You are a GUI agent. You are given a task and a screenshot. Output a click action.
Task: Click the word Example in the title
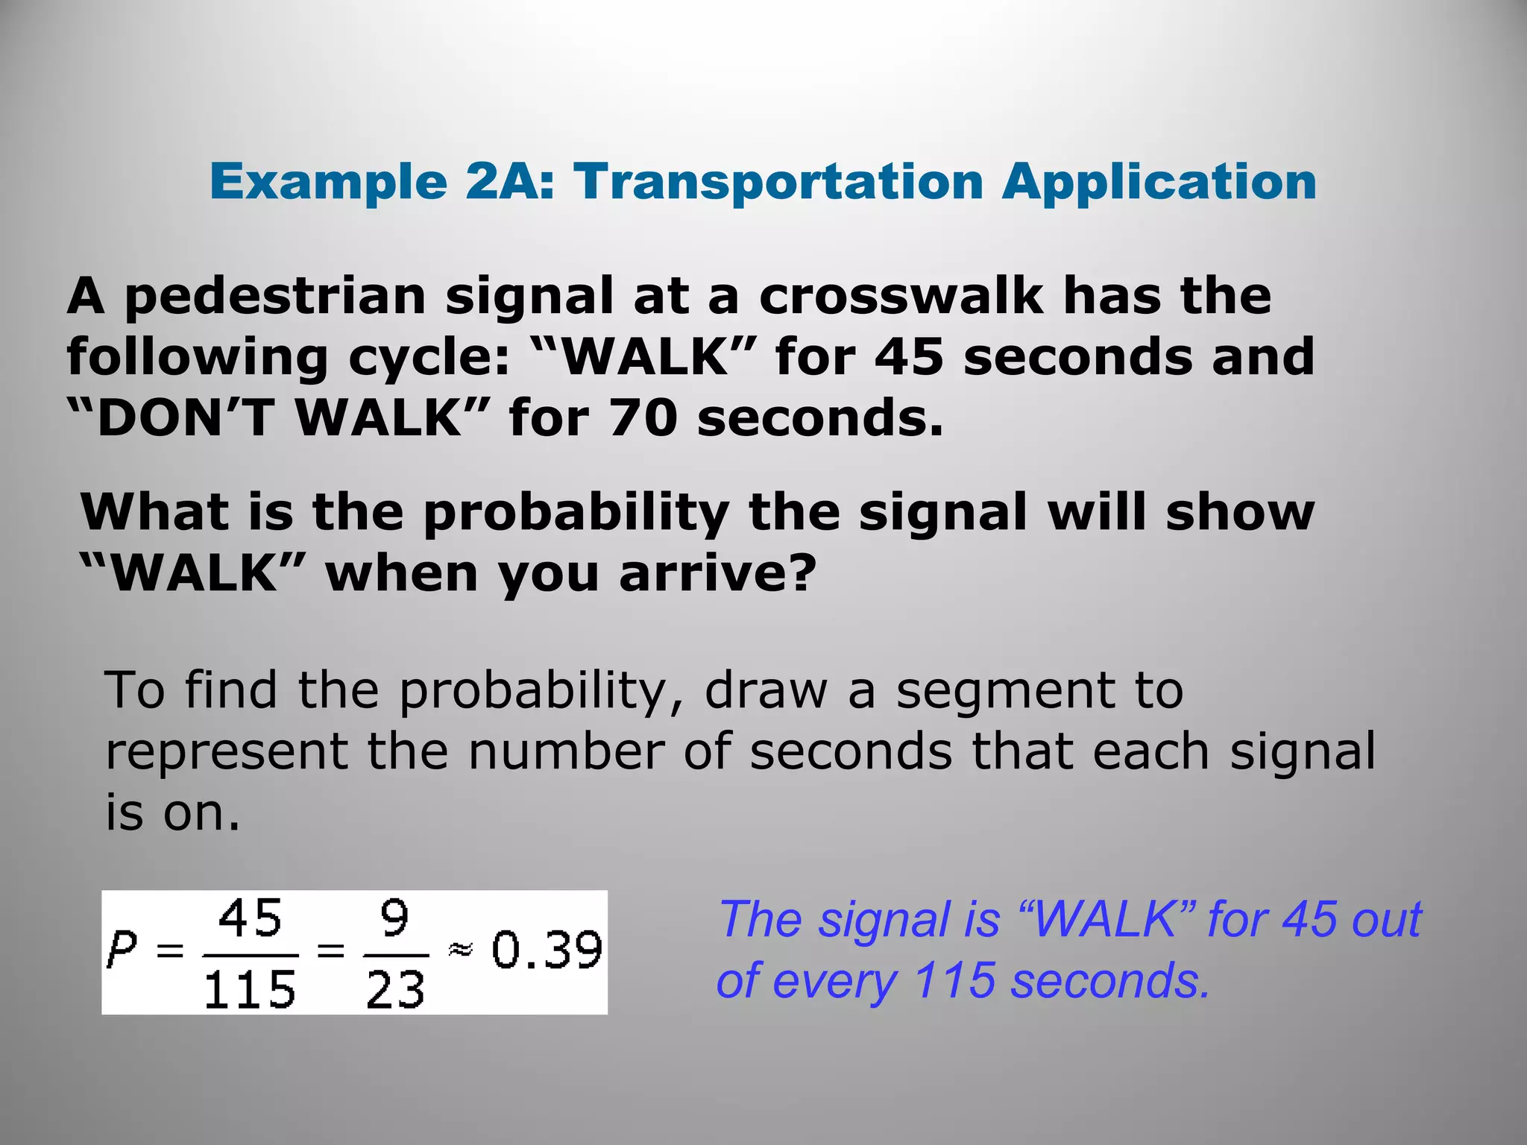328,183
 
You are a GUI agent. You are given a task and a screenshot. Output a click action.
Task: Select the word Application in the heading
1159,183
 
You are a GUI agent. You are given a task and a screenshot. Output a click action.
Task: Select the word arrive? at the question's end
718,574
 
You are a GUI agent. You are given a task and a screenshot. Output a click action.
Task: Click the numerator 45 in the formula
250,918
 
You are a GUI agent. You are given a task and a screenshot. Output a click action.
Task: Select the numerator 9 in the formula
394,918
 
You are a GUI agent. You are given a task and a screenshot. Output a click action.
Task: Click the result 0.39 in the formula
547,951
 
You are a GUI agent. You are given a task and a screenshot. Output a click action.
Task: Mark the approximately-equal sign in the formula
460,949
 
